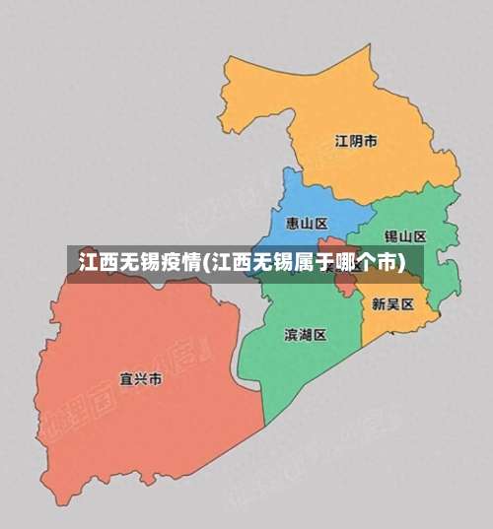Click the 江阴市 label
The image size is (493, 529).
[x=356, y=141]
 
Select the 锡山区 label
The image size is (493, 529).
[x=404, y=236]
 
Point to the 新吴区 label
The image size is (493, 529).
[x=391, y=304]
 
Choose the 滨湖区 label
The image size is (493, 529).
[x=305, y=334]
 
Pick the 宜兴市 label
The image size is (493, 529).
[x=140, y=378]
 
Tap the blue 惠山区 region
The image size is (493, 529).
[x=296, y=202]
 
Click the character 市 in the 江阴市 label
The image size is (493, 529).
[x=370, y=141]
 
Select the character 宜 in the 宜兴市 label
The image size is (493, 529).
[x=125, y=378]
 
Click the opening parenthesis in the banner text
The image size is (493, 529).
[x=206, y=262]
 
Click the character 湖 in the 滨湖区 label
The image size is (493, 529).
[x=305, y=334]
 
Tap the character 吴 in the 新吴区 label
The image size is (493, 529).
[x=391, y=304]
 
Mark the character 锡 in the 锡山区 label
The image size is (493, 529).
[x=390, y=236]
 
